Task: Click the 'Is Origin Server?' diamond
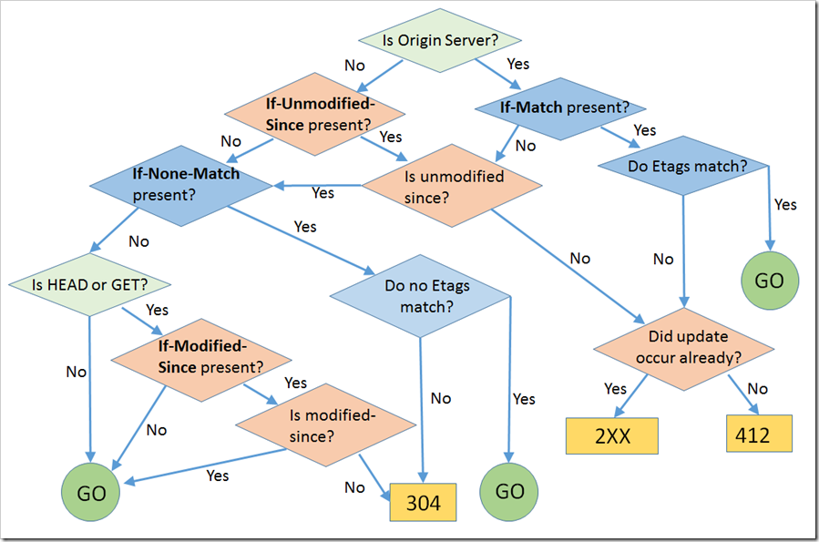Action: click(x=440, y=40)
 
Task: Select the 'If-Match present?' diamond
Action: click(x=565, y=107)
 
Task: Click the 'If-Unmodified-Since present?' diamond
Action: click(x=315, y=114)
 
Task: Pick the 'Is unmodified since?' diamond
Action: click(x=453, y=185)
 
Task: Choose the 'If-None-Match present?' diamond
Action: click(x=179, y=185)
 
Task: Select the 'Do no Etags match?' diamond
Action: click(x=420, y=295)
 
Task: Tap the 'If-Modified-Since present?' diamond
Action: click(x=200, y=356)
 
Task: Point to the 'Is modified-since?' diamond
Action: click(x=325, y=425)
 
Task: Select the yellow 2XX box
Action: click(x=611, y=435)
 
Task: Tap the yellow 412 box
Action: click(x=759, y=435)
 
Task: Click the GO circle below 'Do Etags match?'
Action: click(x=770, y=281)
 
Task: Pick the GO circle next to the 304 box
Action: click(x=509, y=492)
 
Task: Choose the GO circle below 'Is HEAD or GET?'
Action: click(x=91, y=493)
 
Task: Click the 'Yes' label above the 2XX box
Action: click(x=615, y=389)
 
